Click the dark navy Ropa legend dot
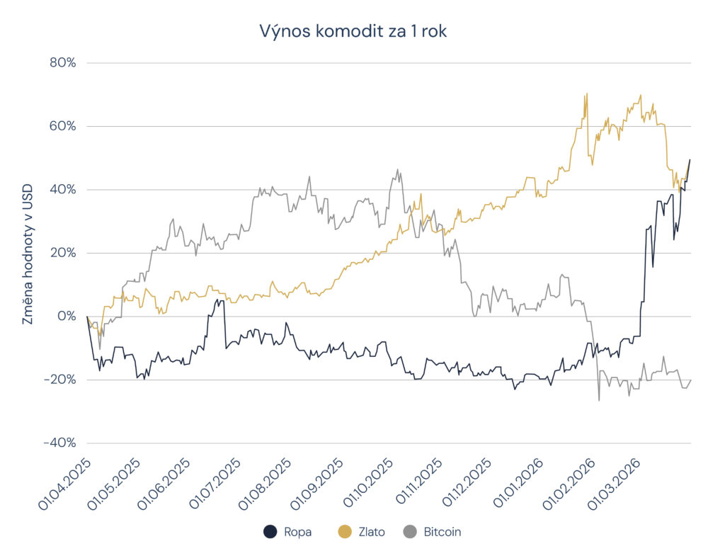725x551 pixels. click(269, 531)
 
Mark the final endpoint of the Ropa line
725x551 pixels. click(690, 159)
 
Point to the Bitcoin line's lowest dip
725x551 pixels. click(599, 401)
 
